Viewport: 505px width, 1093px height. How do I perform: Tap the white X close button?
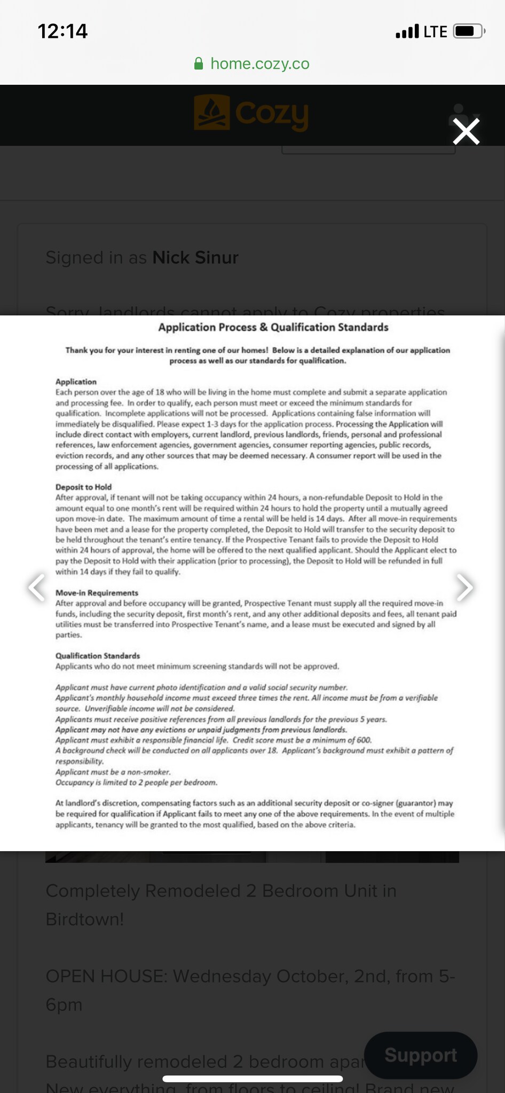[x=466, y=131]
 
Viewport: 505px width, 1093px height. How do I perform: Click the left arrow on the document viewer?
[x=37, y=587]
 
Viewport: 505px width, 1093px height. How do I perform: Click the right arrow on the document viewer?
[x=465, y=587]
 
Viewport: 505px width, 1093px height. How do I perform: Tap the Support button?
[x=421, y=1055]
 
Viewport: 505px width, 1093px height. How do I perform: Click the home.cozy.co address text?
[x=260, y=64]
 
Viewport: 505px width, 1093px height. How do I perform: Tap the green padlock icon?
[x=199, y=64]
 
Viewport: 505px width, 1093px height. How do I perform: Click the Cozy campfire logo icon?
[x=212, y=113]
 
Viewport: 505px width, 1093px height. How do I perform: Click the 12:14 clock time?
[x=62, y=31]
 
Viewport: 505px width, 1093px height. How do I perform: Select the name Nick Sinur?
[x=195, y=257]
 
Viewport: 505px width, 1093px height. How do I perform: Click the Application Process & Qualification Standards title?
[x=273, y=327]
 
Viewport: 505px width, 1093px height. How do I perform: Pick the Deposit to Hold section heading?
[x=84, y=487]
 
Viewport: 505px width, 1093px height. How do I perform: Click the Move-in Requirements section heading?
[x=97, y=593]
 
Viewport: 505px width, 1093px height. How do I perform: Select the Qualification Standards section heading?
[x=98, y=656]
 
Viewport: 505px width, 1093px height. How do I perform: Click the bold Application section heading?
[x=76, y=382]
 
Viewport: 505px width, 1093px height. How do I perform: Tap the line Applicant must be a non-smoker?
[x=113, y=772]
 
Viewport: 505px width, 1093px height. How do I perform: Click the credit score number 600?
[x=364, y=740]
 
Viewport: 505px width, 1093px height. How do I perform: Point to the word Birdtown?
[x=85, y=919]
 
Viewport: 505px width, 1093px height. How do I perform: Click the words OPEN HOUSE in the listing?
[x=106, y=976]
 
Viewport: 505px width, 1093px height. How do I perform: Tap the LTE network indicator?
[x=435, y=32]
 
